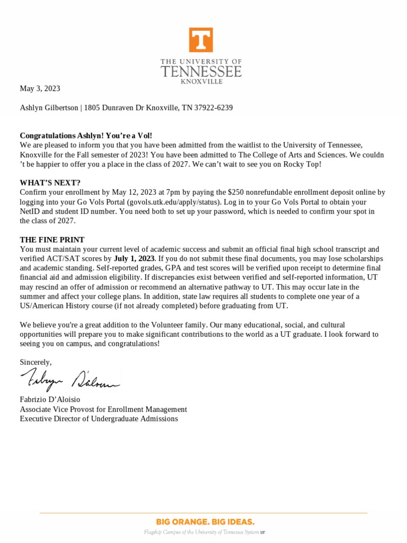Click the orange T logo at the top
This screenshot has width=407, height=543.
coord(201,40)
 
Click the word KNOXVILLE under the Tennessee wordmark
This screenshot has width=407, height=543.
coord(201,82)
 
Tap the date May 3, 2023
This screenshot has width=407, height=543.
coord(40,89)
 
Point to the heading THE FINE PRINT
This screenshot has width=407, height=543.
coord(52,240)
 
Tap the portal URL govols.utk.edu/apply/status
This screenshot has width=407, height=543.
coord(169,202)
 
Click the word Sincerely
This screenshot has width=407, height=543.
coord(36,362)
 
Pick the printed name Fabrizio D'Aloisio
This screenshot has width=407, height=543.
coord(50,399)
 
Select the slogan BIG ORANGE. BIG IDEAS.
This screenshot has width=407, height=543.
coord(205,522)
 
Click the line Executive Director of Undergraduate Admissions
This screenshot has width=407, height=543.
coord(99,419)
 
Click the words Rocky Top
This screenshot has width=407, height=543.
coord(304,164)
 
